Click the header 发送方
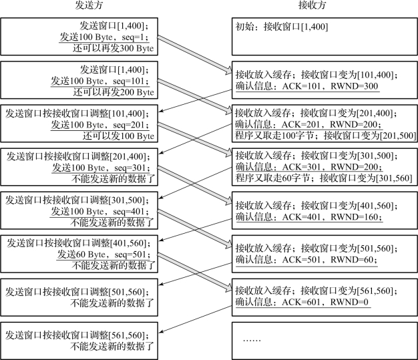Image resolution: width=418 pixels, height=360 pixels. [x=85, y=8]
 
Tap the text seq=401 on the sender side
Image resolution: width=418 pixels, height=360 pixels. [x=134, y=211]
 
